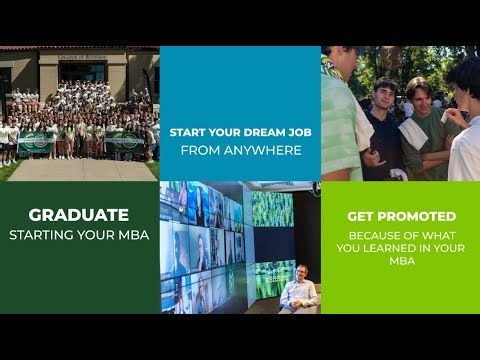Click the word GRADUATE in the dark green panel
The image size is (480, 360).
click(x=78, y=214)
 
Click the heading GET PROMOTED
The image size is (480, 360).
click(x=401, y=216)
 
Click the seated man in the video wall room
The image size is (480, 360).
click(x=299, y=290)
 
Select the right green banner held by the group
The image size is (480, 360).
click(x=124, y=141)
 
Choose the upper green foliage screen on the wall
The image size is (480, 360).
click(x=271, y=208)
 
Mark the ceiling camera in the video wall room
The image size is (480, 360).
click(x=314, y=187)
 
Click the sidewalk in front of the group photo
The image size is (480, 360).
click(x=80, y=169)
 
